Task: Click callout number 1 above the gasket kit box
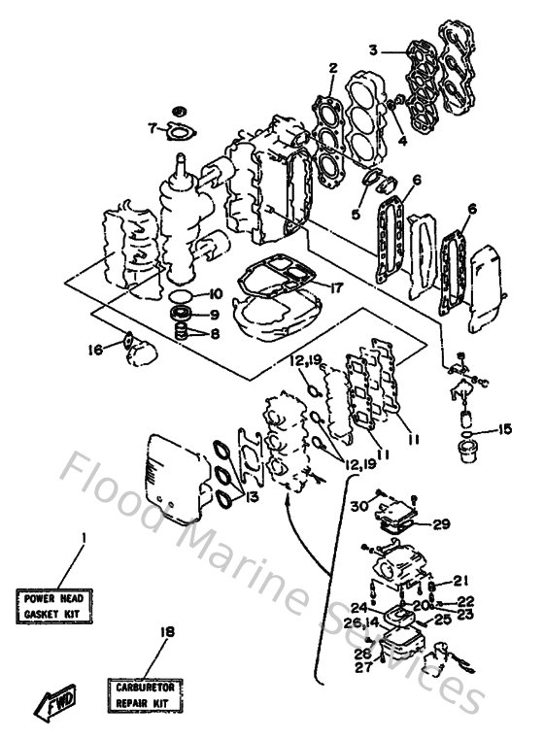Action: pos(84,537)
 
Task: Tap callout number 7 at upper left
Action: pos(152,127)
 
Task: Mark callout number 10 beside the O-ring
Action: pos(215,294)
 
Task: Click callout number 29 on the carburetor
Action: pos(441,524)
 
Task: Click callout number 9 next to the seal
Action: pos(215,315)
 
